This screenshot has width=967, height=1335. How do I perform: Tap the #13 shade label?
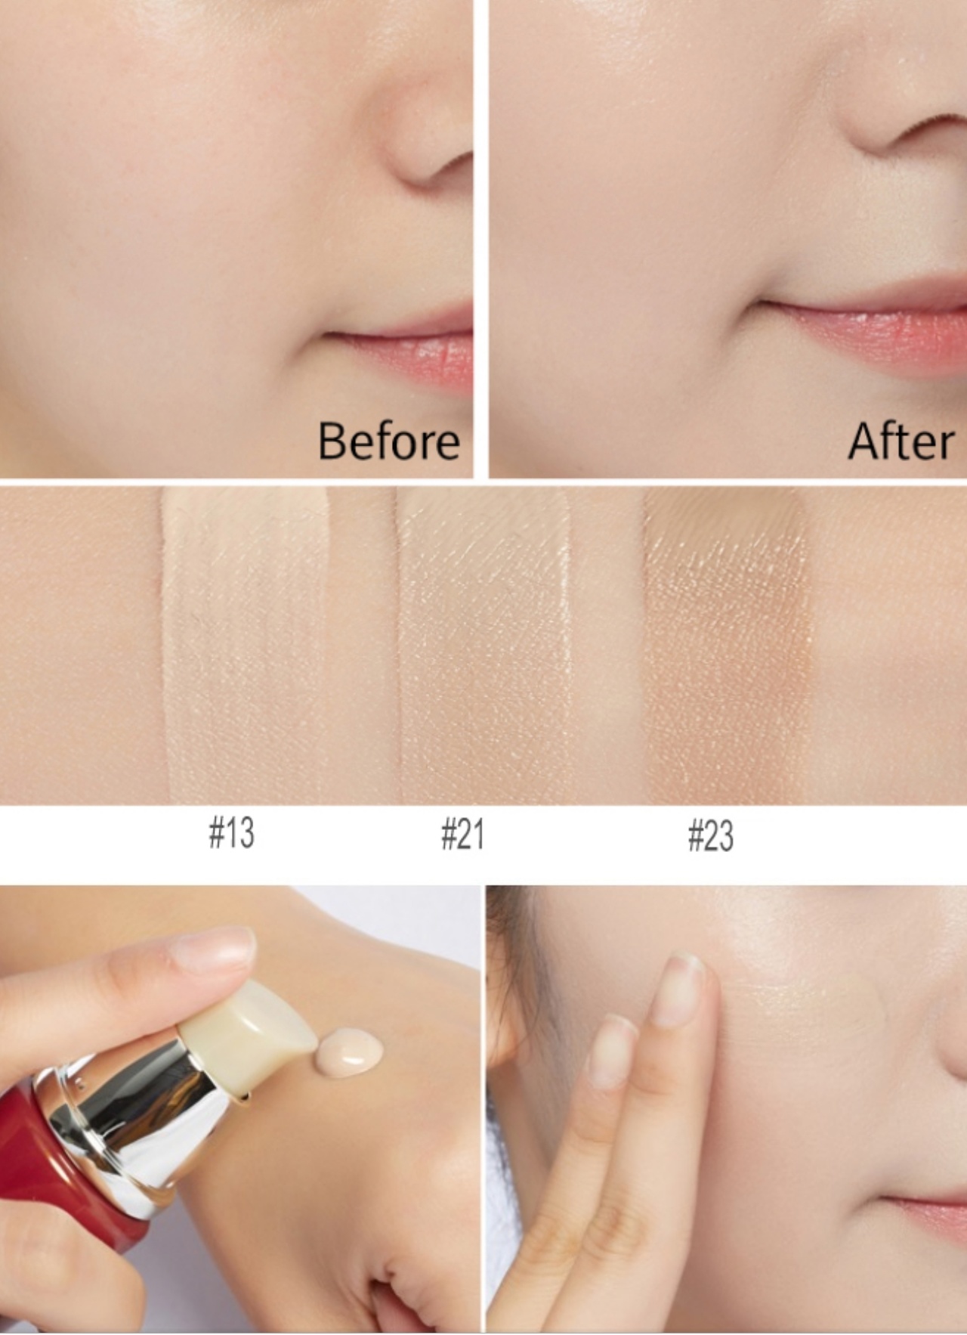pos(231,833)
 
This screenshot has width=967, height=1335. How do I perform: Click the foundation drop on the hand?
pos(350,1052)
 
